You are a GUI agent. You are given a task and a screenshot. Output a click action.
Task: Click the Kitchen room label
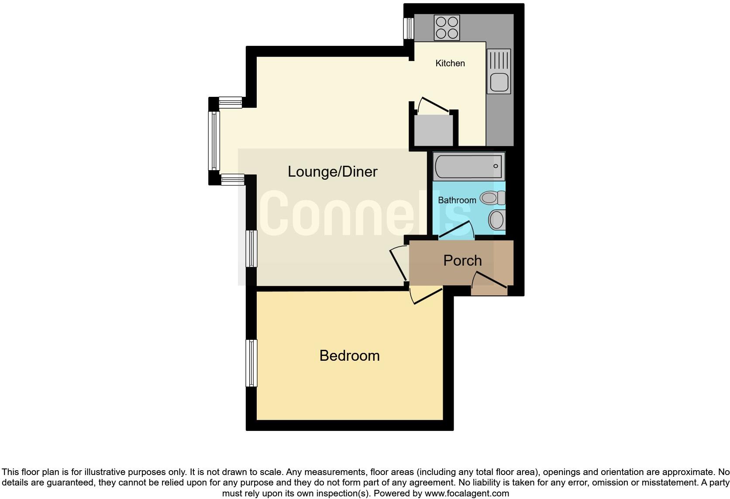point(450,63)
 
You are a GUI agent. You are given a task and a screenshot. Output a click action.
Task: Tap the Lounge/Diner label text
point(332,171)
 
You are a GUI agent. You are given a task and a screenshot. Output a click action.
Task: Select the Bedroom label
point(349,355)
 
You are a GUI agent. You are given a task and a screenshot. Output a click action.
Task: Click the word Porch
point(462,260)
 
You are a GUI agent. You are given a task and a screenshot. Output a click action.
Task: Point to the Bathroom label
point(457,200)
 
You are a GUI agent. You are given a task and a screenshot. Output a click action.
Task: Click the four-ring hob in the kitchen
point(447,27)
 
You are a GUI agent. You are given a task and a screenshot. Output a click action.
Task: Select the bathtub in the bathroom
point(468,166)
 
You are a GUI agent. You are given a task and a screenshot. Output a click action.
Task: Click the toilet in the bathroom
point(492,198)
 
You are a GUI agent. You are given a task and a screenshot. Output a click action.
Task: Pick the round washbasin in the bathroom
point(496,220)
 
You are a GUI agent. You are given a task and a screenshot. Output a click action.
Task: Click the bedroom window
point(251,363)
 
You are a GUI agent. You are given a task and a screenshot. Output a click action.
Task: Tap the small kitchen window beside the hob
point(409,28)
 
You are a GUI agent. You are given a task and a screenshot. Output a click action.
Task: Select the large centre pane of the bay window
point(214,140)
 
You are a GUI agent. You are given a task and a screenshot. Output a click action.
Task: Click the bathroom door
point(457,230)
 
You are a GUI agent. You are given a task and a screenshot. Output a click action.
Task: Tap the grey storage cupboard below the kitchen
point(433,130)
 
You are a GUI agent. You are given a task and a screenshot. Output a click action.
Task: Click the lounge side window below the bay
point(251,248)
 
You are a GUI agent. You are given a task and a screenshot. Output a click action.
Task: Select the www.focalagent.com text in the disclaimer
point(467,494)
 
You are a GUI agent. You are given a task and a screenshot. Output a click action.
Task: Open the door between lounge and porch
point(398,264)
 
